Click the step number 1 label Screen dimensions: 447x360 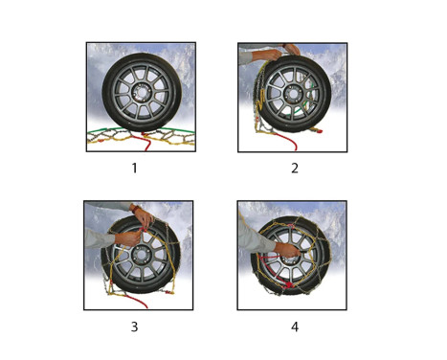[x=135, y=168]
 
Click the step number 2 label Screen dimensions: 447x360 [x=295, y=168]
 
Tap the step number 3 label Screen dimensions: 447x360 [x=135, y=326]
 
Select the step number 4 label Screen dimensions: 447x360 [x=295, y=326]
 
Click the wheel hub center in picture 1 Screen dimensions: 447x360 [x=142, y=93]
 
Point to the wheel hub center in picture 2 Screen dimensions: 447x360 [x=292, y=94]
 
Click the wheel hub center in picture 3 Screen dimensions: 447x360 [x=141, y=256]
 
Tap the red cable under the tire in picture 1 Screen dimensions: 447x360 [x=147, y=142]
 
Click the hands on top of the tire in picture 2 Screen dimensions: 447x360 [x=281, y=51]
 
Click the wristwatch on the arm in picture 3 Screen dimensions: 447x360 [x=136, y=210]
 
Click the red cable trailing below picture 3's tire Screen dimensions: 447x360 [x=137, y=302]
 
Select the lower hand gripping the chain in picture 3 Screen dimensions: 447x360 [x=127, y=238]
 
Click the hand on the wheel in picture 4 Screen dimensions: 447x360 [x=288, y=250]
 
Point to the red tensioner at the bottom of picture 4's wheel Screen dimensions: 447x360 [x=289, y=285]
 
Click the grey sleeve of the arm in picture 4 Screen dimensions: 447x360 [x=255, y=237]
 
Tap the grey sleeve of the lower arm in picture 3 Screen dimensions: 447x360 [x=100, y=238]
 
